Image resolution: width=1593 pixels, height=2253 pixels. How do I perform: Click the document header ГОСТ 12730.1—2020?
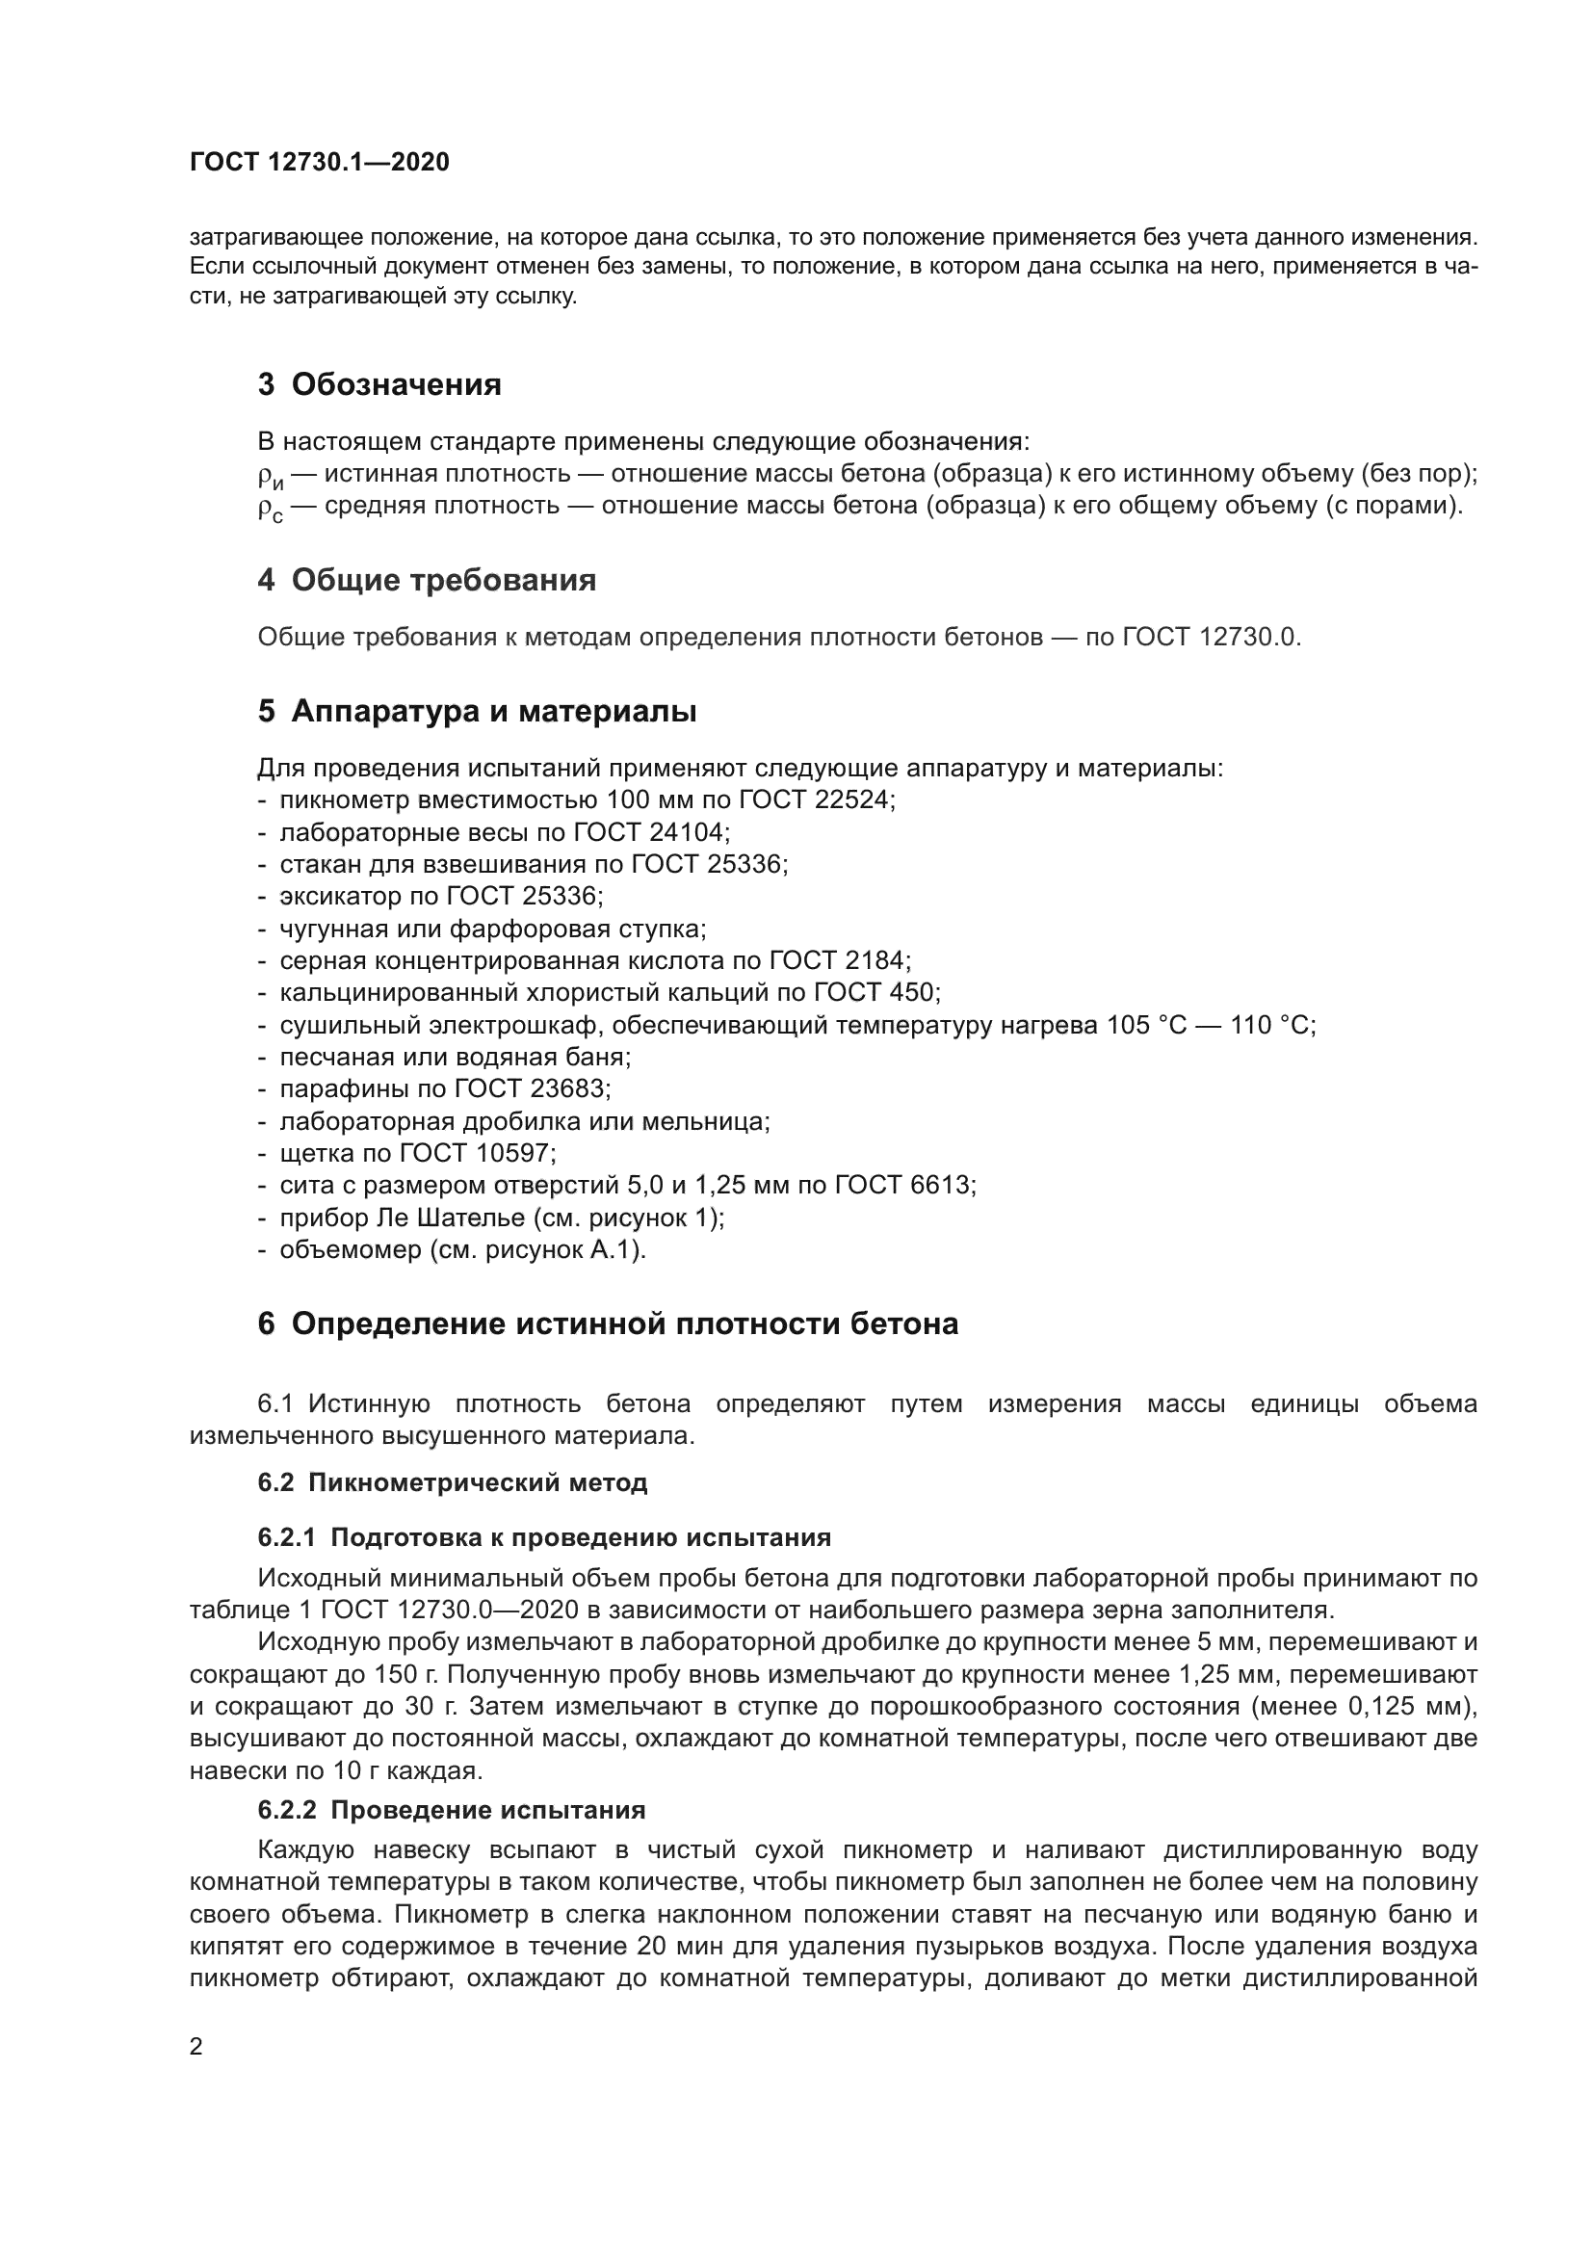[319, 163]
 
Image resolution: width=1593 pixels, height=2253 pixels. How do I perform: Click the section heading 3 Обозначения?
[379, 384]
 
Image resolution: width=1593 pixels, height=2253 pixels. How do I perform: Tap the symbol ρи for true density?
[271, 477]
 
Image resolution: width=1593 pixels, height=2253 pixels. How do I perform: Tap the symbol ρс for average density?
[271, 510]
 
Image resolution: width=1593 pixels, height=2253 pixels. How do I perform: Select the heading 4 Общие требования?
[427, 580]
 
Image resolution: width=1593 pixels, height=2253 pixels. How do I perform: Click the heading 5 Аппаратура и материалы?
[477, 712]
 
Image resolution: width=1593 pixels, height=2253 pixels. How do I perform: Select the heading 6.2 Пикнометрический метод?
[453, 1482]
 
